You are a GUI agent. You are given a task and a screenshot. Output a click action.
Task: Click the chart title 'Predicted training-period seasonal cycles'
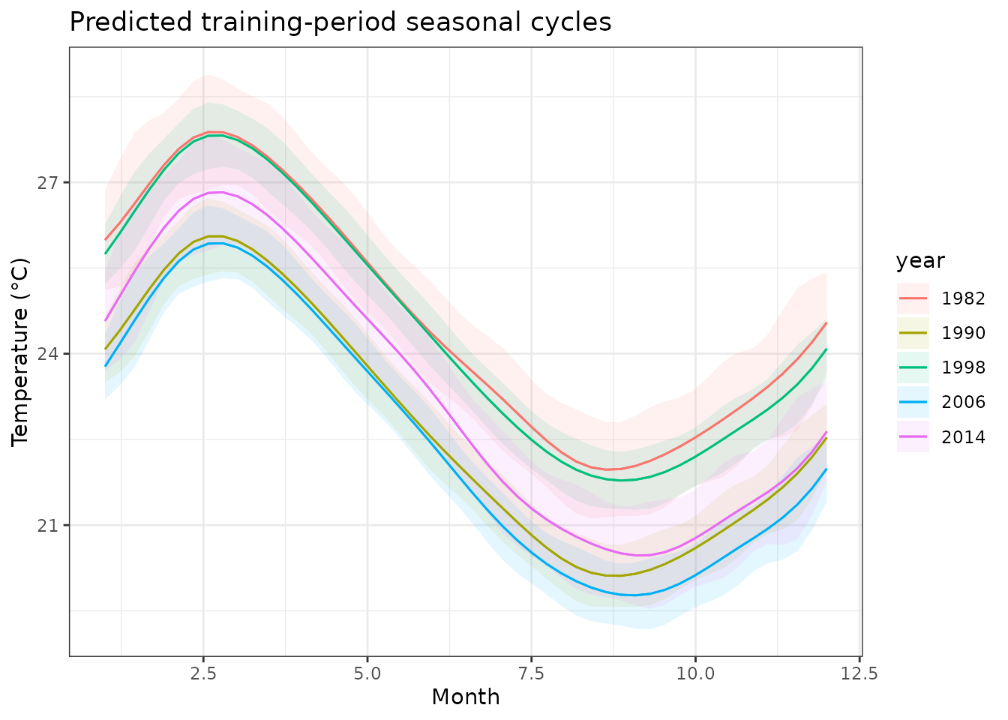point(340,22)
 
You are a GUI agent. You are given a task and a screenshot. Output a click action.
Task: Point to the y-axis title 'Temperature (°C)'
point(20,352)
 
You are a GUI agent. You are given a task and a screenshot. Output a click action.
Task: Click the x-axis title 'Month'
point(465,697)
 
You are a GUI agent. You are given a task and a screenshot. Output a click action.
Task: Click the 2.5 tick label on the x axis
point(203,673)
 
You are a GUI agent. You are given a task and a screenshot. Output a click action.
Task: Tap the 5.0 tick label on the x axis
point(367,673)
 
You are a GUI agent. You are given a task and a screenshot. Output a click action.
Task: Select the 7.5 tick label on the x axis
point(531,673)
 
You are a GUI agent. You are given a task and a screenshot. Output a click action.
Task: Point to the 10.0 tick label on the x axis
point(694,673)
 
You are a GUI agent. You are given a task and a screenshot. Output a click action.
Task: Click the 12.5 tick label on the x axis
point(859,673)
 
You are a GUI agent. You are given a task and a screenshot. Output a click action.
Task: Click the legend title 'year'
point(919,261)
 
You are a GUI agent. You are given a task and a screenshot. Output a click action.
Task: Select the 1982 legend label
point(963,298)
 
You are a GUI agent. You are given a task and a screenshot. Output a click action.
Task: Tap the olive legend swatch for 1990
point(913,333)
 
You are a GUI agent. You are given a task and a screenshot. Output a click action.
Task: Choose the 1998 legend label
point(963,367)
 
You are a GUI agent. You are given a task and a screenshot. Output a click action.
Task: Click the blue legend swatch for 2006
point(913,402)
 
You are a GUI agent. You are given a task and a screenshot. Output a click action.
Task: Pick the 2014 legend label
point(963,437)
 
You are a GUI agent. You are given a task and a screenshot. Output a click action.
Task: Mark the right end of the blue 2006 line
point(826,469)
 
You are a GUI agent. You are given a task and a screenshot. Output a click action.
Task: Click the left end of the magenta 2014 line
point(106,320)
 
